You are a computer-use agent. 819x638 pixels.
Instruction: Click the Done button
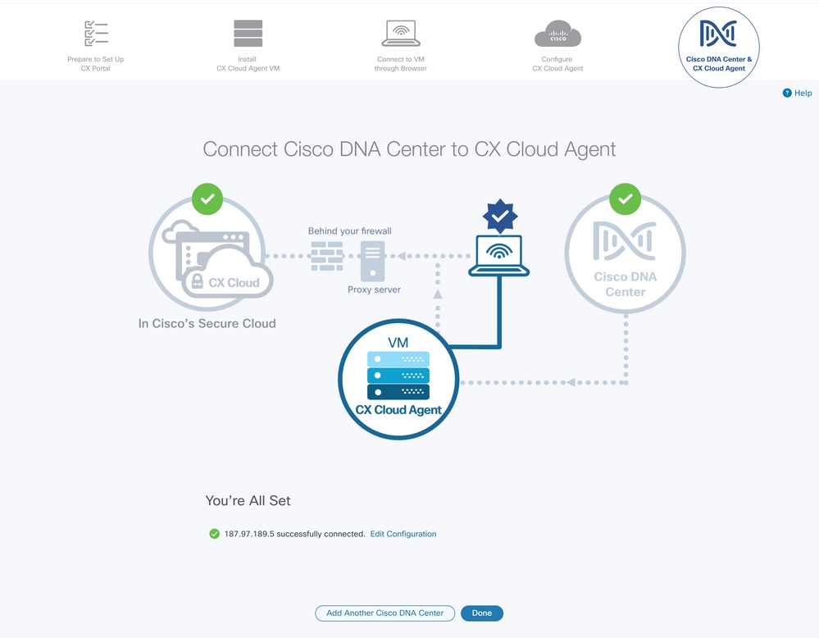click(x=481, y=613)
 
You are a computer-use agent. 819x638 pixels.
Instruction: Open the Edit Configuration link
click(x=403, y=534)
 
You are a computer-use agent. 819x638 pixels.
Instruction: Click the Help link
click(x=798, y=93)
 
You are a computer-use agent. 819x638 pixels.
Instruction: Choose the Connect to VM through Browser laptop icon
click(x=401, y=34)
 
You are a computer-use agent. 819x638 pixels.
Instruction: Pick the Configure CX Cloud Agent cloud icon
click(x=557, y=35)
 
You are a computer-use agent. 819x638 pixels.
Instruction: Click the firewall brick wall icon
click(x=327, y=257)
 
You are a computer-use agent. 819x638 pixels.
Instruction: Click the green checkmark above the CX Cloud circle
click(x=207, y=199)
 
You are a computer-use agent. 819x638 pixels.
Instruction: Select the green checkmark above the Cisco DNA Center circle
click(x=626, y=199)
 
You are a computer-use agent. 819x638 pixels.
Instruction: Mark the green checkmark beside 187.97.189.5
click(x=215, y=534)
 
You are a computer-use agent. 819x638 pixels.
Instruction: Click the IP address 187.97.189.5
click(x=249, y=534)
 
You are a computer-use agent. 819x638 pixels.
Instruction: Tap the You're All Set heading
click(x=248, y=500)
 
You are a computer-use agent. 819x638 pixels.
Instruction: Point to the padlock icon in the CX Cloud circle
click(x=196, y=283)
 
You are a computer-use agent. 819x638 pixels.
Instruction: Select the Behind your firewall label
click(x=350, y=231)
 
